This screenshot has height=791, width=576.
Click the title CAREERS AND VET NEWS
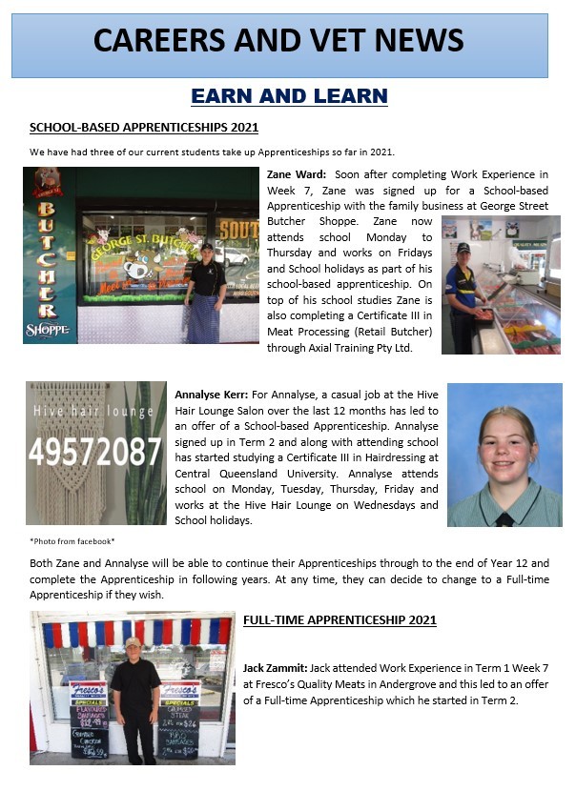(279, 40)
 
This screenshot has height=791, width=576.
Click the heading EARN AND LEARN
(289, 95)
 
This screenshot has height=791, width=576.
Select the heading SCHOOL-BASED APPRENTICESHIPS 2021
(144, 128)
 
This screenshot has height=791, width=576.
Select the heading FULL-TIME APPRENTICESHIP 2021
(339, 620)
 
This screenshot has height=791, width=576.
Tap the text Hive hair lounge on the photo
(93, 412)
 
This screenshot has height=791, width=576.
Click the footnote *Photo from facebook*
(72, 541)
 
